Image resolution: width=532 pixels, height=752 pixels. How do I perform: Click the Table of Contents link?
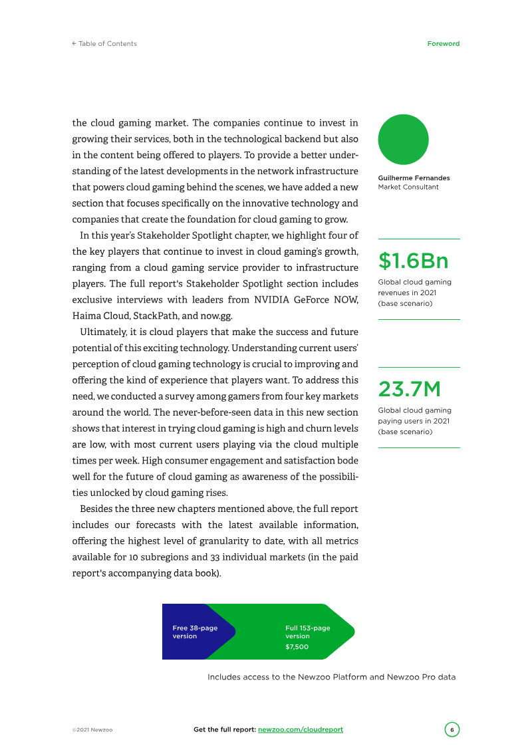click(x=104, y=44)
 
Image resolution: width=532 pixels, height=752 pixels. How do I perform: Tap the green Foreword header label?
click(x=443, y=44)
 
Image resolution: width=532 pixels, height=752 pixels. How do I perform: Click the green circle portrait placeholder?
click(x=403, y=140)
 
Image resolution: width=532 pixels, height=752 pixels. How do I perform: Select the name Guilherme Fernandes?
click(x=414, y=178)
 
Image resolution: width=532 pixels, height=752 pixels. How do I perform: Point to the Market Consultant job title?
click(x=408, y=187)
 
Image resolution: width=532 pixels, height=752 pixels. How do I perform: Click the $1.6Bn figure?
click(x=413, y=261)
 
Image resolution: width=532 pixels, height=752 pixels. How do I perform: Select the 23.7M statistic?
click(x=409, y=389)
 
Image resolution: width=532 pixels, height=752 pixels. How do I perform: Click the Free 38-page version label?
click(x=195, y=632)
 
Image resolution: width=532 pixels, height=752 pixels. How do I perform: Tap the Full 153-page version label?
click(x=307, y=632)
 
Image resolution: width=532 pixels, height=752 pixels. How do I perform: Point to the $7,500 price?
click(x=297, y=647)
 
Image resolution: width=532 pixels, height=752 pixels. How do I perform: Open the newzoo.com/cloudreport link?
click(x=300, y=729)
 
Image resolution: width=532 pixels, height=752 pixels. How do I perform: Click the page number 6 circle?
click(x=452, y=729)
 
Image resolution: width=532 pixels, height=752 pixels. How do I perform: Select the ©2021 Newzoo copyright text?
click(x=92, y=730)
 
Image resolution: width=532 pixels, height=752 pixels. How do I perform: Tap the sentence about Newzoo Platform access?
click(x=331, y=677)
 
